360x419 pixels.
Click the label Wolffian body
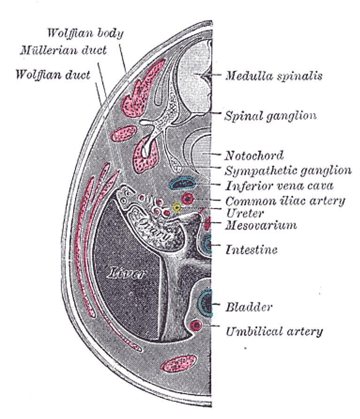click(x=85, y=34)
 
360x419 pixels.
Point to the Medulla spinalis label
click(x=273, y=75)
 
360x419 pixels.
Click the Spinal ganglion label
click(x=270, y=115)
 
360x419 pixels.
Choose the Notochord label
click(x=254, y=155)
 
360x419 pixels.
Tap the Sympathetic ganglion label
click(x=288, y=170)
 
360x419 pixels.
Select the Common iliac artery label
click(x=285, y=201)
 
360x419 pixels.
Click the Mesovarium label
click(x=261, y=225)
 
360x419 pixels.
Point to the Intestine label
click(x=251, y=249)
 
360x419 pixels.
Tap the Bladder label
click(x=249, y=308)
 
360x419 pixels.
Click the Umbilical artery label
click(x=274, y=331)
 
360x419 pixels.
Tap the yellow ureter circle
click(x=176, y=207)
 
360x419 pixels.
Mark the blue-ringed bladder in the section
click(x=205, y=303)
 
